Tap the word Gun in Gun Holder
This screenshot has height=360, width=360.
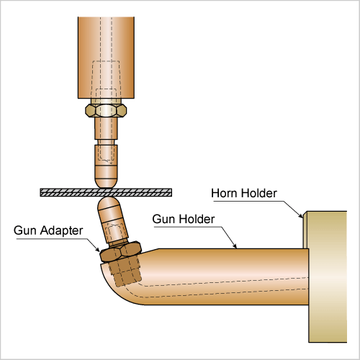click(x=163, y=219)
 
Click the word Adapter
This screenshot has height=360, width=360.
click(x=61, y=230)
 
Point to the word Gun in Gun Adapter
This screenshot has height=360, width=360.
click(x=24, y=230)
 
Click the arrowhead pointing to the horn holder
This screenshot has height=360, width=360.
click(x=301, y=215)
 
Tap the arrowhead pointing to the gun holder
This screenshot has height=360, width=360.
click(x=235, y=245)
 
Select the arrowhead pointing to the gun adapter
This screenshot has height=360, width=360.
click(x=96, y=248)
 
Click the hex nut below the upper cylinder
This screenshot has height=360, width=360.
click(x=106, y=110)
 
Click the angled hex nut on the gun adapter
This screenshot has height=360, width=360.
click(x=120, y=251)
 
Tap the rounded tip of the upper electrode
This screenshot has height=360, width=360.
click(x=106, y=182)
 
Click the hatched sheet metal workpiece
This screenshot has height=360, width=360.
click(x=106, y=192)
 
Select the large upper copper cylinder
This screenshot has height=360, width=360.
click(x=106, y=58)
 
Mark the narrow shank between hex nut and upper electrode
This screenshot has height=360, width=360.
click(x=106, y=128)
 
